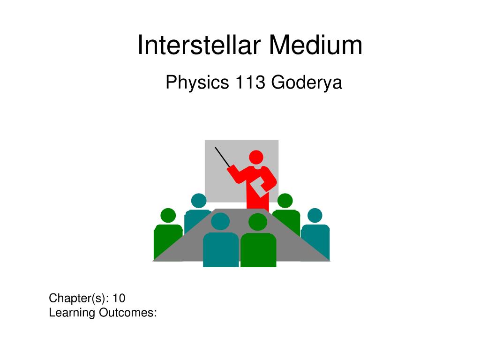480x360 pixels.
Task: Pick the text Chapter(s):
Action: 79,298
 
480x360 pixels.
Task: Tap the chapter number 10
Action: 119,298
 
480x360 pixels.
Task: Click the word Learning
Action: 72,313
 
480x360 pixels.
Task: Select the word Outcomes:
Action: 127,313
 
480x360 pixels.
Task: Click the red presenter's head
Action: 256,157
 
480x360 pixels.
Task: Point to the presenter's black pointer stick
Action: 222,157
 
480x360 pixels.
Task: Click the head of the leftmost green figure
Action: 168,216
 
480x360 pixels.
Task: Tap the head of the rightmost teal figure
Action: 315,216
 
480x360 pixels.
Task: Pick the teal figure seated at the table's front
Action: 221,248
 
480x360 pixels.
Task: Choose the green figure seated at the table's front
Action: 258,248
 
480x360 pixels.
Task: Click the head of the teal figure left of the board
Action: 199,201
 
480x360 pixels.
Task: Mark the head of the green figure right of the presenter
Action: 285,201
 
